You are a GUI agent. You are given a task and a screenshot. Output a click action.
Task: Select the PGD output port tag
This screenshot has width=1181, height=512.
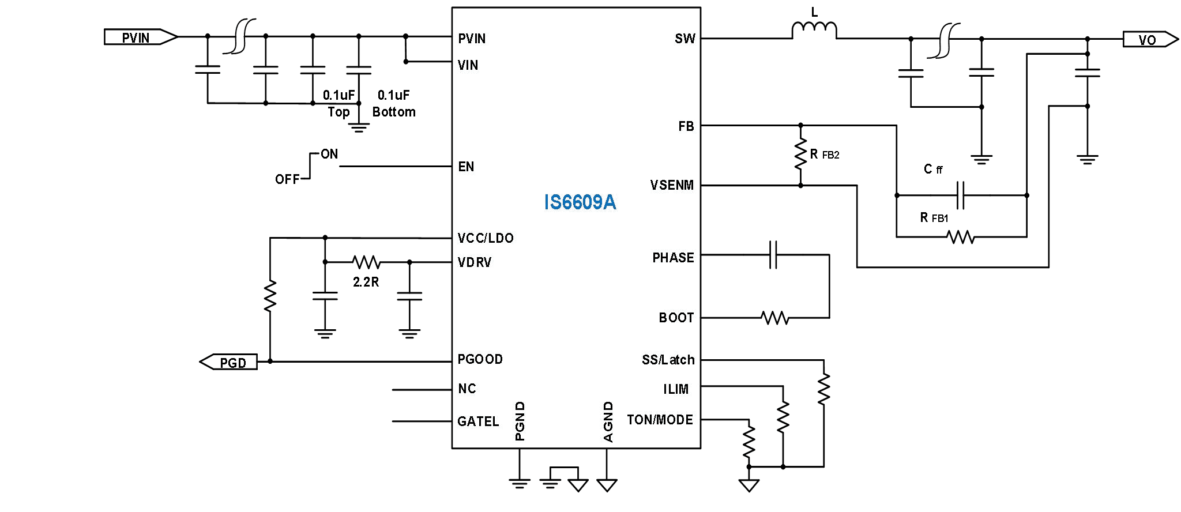point(230,363)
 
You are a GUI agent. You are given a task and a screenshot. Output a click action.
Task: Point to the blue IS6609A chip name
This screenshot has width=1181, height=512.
point(580,202)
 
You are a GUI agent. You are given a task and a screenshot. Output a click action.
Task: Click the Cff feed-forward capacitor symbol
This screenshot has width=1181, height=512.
point(960,195)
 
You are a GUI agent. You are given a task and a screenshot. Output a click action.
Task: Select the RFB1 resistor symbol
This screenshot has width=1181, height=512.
point(961,236)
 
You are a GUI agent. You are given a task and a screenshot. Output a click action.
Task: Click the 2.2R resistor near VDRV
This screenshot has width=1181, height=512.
point(366,262)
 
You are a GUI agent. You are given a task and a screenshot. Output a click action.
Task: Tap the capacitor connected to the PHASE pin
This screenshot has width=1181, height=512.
point(773,255)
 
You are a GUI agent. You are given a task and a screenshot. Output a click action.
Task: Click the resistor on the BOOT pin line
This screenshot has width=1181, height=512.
point(774,318)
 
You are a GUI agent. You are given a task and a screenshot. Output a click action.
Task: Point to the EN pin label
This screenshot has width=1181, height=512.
point(466,167)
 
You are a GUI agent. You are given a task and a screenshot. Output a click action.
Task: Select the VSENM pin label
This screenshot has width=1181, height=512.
point(672,186)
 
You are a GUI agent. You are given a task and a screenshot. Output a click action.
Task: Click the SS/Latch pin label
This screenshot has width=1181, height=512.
point(668,360)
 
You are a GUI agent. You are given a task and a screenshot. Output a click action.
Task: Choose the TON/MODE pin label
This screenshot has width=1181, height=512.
point(660,420)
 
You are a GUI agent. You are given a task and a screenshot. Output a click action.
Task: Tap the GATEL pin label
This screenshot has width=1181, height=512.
point(478,421)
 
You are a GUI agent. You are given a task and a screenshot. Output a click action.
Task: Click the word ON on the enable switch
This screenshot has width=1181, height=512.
point(329,154)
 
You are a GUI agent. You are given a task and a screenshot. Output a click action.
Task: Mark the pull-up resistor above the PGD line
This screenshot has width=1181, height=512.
point(270,296)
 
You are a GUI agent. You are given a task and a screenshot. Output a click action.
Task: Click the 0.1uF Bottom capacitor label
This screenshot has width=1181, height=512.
point(394,104)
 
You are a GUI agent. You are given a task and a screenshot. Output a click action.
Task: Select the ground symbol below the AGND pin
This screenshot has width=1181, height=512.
point(607,485)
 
